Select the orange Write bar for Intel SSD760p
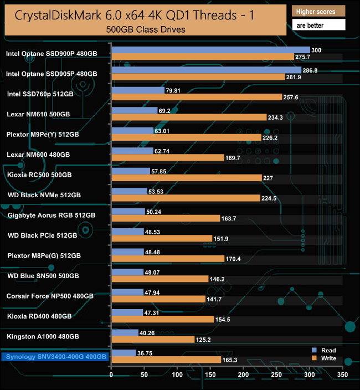(197, 97)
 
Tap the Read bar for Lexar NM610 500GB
(134, 110)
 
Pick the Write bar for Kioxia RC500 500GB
(186, 178)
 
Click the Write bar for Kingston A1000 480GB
(152, 339)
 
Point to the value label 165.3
(230, 360)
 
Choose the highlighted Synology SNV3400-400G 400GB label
(55, 357)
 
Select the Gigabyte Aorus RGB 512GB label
(52, 215)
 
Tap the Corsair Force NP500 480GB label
(50, 296)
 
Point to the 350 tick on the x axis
(342, 375)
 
